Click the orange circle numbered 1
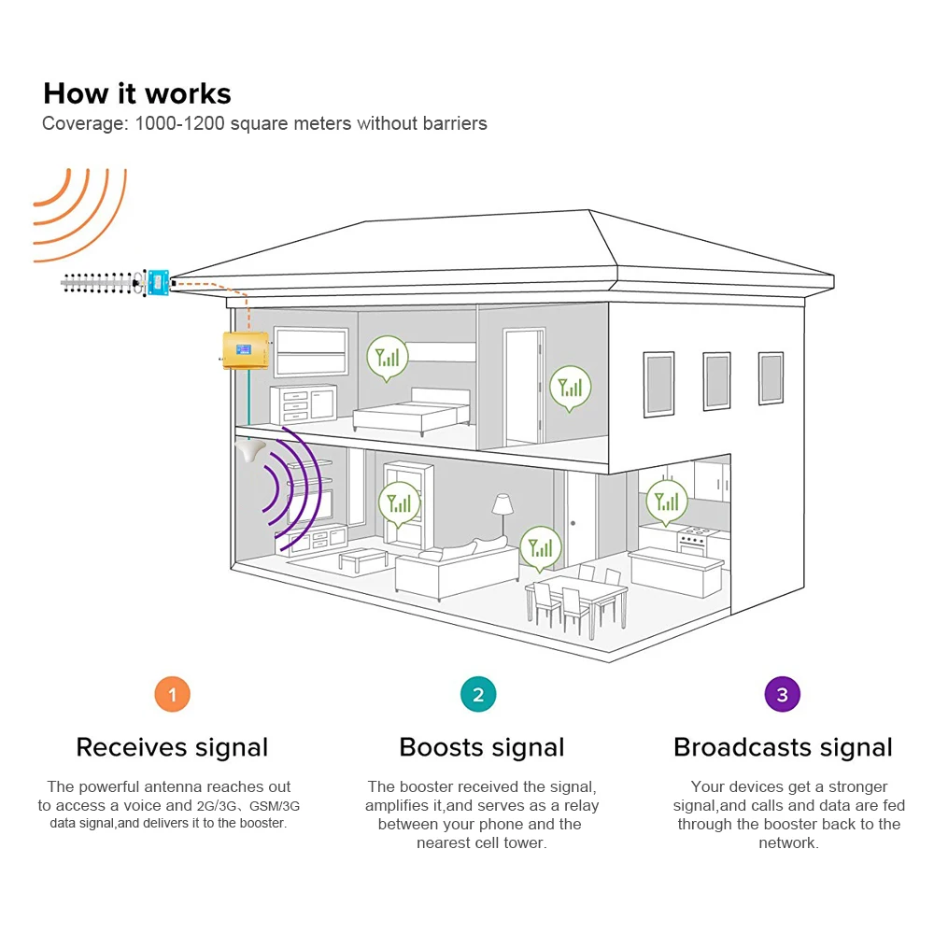pos(172,695)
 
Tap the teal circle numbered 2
pos(478,695)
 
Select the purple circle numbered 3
pos(783,695)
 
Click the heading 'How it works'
pos(137,93)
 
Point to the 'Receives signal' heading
pos(172,747)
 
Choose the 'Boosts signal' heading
pos(481,747)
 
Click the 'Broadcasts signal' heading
pos(783,747)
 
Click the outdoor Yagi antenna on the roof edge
pos(98,282)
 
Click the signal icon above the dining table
pos(541,547)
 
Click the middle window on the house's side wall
pos(716,380)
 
